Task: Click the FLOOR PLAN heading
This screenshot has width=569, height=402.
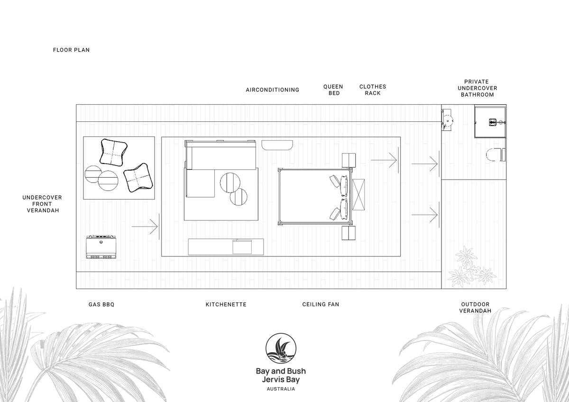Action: pos(72,50)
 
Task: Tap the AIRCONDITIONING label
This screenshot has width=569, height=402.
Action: pos(273,90)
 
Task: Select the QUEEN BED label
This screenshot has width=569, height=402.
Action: pos(333,90)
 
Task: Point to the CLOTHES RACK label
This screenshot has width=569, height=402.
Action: pos(373,90)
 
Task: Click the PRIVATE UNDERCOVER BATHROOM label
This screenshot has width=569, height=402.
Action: pos(477,88)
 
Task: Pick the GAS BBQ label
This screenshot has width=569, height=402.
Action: pos(101,304)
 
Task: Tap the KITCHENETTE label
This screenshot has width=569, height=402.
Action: pos(226,304)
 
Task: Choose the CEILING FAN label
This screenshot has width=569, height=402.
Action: pos(321,304)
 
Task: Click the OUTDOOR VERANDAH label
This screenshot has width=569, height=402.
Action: pos(475,308)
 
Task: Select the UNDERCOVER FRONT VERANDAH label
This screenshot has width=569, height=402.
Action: pos(42,204)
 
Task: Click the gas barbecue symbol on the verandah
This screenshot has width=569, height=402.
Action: pos(101,247)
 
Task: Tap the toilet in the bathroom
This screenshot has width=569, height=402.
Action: pos(496,155)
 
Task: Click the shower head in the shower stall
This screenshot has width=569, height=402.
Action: pos(493,122)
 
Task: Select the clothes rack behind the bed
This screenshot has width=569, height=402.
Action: pos(358,194)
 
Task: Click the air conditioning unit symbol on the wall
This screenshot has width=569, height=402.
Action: pos(277,145)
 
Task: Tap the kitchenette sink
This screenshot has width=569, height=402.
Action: pos(242,247)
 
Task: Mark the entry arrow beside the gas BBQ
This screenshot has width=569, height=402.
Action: pos(145,226)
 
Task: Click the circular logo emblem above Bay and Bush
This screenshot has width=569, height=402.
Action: pos(281,348)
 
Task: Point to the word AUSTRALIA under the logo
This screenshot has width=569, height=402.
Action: pos(281,389)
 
